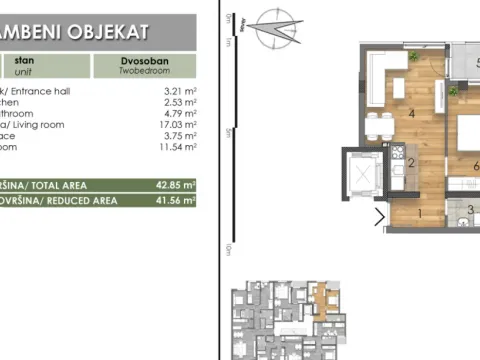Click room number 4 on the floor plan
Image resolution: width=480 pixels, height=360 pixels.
(412, 114)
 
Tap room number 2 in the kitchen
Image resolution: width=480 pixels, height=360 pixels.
(410, 163)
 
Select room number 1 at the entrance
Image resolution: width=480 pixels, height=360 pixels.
(420, 213)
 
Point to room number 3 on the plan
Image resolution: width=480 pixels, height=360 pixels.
(471, 209)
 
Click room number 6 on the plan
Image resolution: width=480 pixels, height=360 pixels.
(475, 166)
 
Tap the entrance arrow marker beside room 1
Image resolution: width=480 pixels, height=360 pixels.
(379, 216)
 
